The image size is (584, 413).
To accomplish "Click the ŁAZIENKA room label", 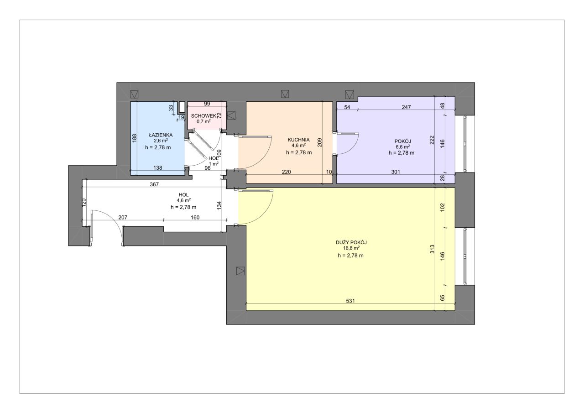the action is [x=161, y=135].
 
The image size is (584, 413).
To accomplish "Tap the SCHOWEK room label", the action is [x=203, y=116].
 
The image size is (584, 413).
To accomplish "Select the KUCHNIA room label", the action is [x=298, y=140].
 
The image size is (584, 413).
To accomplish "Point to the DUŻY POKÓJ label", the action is [x=351, y=242].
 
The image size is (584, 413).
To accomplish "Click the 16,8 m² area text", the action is [x=351, y=248].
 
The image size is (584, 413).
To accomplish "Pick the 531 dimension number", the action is [x=350, y=301].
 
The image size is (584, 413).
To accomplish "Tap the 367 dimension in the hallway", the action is [x=154, y=184].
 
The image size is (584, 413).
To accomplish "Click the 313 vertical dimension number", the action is [x=432, y=249].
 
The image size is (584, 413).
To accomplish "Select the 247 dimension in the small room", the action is [x=406, y=107].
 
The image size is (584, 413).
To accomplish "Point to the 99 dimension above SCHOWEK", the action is [x=207, y=104].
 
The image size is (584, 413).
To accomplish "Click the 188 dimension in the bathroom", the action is [x=134, y=138].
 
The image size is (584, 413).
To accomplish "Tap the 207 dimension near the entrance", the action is [x=123, y=217].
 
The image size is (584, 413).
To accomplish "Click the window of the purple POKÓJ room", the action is [x=465, y=144].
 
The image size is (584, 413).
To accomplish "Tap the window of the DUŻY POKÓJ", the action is [x=465, y=256].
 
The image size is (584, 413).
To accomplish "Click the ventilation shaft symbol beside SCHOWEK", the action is [x=231, y=115].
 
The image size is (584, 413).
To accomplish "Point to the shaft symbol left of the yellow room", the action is [x=240, y=271].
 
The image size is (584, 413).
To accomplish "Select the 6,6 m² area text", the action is [x=402, y=147].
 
